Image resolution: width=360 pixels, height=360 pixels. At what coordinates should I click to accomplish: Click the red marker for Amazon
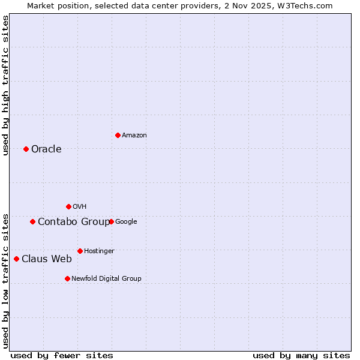point(118,135)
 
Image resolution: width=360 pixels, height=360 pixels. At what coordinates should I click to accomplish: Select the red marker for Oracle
point(26,149)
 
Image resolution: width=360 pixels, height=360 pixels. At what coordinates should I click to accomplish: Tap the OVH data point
point(68,206)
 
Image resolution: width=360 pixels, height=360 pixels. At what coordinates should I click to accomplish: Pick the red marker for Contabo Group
point(32,221)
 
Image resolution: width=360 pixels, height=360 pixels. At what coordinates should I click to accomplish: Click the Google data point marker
point(111,221)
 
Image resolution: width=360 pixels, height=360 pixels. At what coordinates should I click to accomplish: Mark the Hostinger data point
point(80,251)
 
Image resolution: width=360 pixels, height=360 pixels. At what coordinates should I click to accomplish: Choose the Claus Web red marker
point(16,259)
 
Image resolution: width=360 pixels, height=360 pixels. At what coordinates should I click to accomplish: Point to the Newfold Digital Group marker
point(67,278)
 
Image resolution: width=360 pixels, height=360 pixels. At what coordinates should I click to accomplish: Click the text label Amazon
point(134,136)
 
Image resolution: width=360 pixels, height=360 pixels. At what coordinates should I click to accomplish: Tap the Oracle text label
point(46,149)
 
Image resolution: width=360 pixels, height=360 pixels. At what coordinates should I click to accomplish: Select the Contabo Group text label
point(73,222)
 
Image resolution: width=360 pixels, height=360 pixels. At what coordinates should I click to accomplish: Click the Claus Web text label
point(47,259)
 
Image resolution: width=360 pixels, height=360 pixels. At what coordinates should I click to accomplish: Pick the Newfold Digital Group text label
point(106,278)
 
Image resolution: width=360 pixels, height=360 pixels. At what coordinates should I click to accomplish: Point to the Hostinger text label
point(99,251)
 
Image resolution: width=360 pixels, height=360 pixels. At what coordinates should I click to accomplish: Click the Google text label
point(126,222)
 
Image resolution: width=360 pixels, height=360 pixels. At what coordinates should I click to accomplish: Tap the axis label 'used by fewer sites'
point(62,355)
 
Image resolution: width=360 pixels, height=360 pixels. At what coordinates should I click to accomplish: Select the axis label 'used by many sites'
point(301,355)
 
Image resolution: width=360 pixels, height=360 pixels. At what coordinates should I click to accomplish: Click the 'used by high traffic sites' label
point(5,85)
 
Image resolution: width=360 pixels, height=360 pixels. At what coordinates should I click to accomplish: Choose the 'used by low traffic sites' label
point(5,281)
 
